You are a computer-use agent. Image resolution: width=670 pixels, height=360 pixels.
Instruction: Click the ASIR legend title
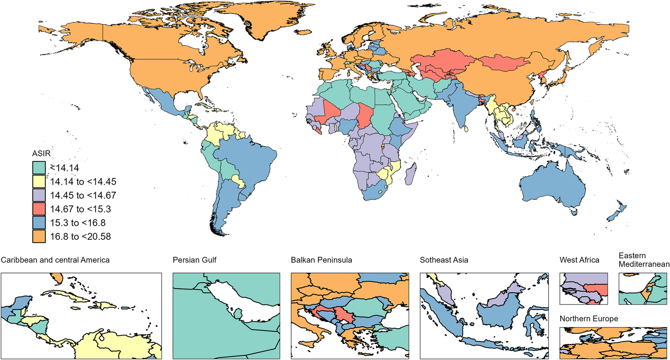click(x=41, y=153)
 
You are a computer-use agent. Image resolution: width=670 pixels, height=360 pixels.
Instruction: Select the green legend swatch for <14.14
click(x=39, y=168)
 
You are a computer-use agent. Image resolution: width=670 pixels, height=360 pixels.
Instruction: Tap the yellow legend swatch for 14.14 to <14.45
click(x=39, y=182)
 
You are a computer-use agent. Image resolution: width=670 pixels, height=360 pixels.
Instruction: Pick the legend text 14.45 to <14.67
click(x=83, y=195)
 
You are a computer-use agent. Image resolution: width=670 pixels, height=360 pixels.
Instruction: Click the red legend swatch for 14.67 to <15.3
click(x=39, y=209)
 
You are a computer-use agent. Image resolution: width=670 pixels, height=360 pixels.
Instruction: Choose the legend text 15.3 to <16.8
click(x=78, y=223)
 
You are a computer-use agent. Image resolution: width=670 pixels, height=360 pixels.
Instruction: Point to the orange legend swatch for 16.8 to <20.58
click(x=39, y=236)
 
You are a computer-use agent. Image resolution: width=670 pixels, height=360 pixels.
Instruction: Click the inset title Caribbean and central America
click(x=55, y=260)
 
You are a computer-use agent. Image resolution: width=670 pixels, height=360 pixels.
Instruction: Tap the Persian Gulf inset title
click(x=195, y=260)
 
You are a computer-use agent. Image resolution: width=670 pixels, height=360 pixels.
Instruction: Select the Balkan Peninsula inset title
click(x=321, y=260)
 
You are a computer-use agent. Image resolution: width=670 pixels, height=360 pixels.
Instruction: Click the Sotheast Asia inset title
click(x=444, y=260)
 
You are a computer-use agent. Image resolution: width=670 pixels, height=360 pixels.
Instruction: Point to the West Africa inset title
click(x=579, y=260)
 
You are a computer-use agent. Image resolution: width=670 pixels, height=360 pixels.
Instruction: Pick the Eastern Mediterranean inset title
click(x=644, y=260)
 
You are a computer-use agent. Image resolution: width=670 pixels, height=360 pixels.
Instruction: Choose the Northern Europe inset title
click(x=589, y=319)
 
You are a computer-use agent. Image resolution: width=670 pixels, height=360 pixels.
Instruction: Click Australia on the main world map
click(x=552, y=184)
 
